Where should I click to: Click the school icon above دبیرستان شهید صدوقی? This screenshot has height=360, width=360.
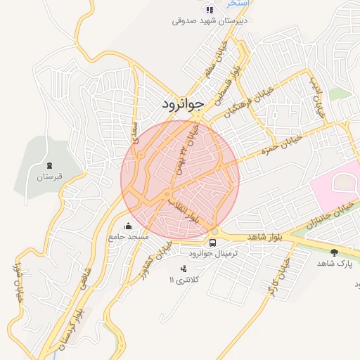point(209,9)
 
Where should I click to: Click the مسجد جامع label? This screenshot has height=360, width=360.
point(128,237)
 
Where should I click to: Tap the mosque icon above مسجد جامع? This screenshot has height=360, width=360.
point(128,226)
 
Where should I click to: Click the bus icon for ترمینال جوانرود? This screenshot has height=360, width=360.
point(213,243)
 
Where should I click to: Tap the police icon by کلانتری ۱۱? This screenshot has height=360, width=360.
point(184,269)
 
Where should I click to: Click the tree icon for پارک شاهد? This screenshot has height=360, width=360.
point(333,252)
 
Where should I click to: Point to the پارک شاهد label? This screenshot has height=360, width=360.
point(333,263)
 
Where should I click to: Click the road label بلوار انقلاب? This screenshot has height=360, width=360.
point(184,209)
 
